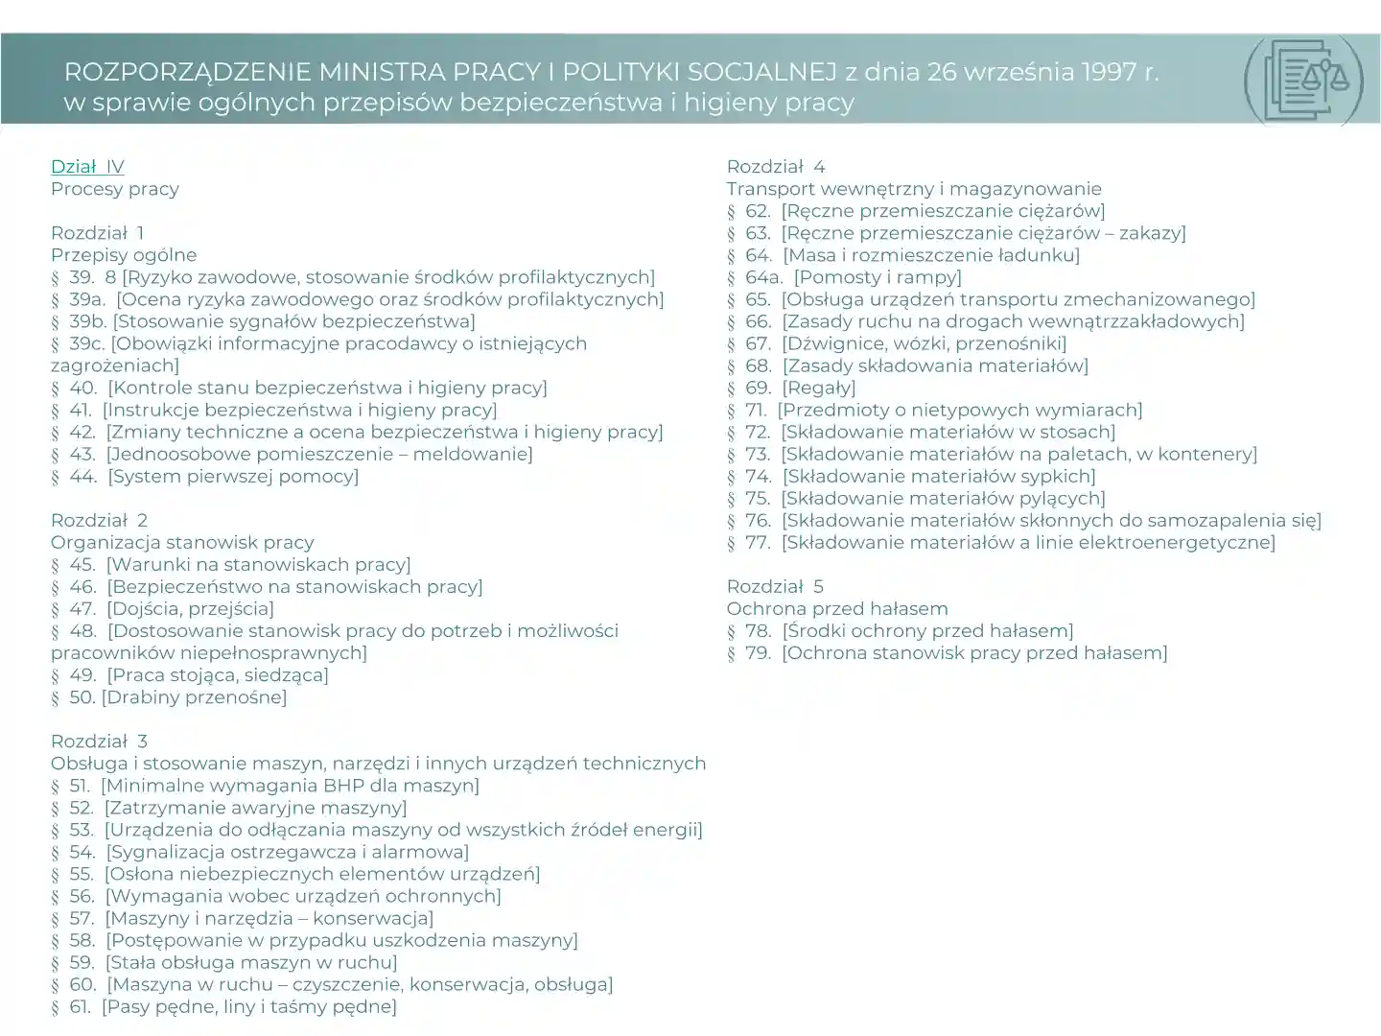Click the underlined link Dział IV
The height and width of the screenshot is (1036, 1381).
coord(87,167)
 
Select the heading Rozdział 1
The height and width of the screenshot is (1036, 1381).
coord(98,233)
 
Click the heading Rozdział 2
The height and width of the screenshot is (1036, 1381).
coord(99,521)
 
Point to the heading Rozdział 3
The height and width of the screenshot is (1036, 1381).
coord(99,742)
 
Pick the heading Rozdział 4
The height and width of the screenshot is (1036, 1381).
coord(775,167)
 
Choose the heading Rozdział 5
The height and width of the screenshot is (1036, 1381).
coord(775,587)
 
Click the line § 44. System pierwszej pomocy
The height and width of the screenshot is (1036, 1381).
coord(205,477)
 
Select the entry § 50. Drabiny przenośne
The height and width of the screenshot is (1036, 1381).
coord(169,697)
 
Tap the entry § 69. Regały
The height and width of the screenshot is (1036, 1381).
coord(791,388)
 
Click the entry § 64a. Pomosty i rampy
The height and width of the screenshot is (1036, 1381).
coord(844,278)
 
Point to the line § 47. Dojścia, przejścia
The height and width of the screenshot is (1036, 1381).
coord(163,609)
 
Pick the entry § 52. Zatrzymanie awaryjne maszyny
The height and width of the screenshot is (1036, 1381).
coord(229,809)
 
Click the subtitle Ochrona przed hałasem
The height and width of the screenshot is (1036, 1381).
coord(836,609)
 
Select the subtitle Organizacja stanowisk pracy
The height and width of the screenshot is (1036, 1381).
coord(182,543)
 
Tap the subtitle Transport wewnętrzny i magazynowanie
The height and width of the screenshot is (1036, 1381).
coord(913,189)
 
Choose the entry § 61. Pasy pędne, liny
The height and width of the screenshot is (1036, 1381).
coord(224,1007)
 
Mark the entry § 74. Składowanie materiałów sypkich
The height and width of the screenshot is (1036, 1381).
coord(911,477)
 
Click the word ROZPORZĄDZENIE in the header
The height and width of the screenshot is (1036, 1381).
coord(187,72)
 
